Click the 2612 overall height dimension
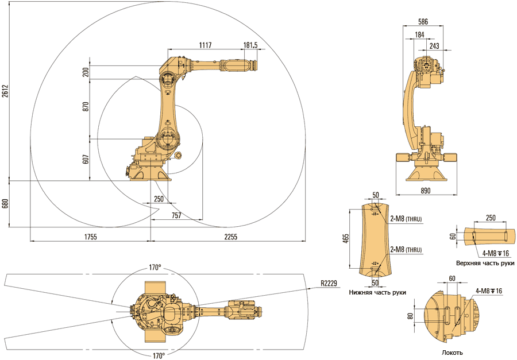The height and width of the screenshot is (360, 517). tap(5, 92)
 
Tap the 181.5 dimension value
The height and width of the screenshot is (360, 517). tap(250, 44)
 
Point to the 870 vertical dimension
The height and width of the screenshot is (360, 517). tap(86, 109)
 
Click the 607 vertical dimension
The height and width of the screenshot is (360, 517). tap(86, 160)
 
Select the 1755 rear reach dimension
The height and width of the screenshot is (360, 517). tap(89, 237)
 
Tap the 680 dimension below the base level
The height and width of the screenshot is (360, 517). tap(5, 204)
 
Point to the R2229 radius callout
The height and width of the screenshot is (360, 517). tap(331, 282)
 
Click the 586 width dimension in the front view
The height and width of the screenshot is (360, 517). tap(423, 22)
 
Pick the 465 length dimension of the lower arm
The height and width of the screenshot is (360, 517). tap(345, 238)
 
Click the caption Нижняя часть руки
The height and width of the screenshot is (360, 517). tap(377, 292)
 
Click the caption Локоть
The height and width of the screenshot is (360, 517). tap(453, 353)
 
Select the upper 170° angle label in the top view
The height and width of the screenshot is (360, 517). tap(155, 268)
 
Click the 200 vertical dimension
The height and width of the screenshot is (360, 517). tap(86, 72)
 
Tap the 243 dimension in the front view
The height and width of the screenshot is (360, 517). tap(435, 46)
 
